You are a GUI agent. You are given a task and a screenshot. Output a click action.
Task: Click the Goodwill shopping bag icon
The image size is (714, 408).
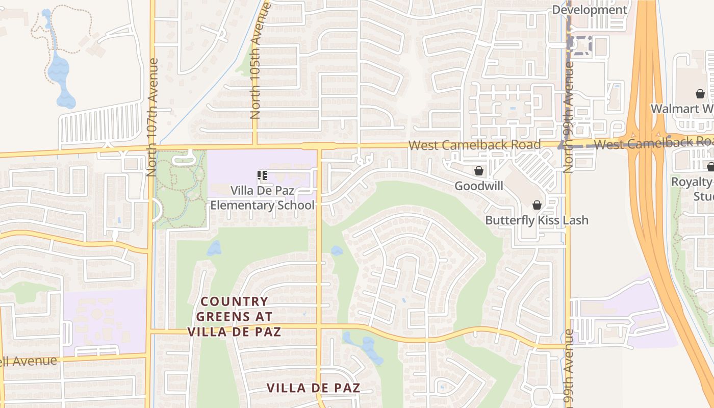(x=479, y=171)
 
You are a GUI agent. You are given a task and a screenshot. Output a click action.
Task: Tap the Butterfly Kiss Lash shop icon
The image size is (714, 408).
(x=537, y=205)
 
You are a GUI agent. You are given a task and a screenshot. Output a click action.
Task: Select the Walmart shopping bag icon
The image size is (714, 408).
(x=700, y=94)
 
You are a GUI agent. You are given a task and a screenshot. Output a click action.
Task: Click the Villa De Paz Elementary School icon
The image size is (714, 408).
(x=263, y=176)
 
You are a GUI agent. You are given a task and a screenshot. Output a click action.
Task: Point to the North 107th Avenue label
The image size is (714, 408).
(x=152, y=117)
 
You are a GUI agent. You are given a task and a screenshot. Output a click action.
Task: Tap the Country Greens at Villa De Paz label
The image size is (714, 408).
(x=235, y=317)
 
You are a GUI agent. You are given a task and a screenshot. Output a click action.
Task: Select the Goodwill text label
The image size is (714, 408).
(x=479, y=186)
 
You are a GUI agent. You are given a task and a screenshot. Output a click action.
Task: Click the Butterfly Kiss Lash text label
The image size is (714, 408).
(x=537, y=220)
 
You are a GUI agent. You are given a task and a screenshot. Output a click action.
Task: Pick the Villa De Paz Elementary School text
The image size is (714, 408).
(x=263, y=198)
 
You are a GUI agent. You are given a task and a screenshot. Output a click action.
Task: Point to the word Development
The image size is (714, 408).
(x=590, y=10)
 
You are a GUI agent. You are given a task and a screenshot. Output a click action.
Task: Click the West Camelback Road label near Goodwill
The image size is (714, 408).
(x=474, y=145)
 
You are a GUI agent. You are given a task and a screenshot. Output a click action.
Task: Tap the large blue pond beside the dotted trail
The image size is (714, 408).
(x=61, y=76)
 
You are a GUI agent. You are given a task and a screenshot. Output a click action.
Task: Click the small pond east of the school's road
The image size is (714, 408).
(x=337, y=251)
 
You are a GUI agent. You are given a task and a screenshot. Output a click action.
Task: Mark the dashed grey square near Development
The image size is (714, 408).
(x=580, y=45)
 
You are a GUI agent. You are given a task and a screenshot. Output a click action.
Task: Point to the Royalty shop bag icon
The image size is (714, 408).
(x=710, y=167)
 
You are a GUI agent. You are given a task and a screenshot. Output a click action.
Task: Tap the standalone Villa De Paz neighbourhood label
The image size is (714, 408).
(x=314, y=388)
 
